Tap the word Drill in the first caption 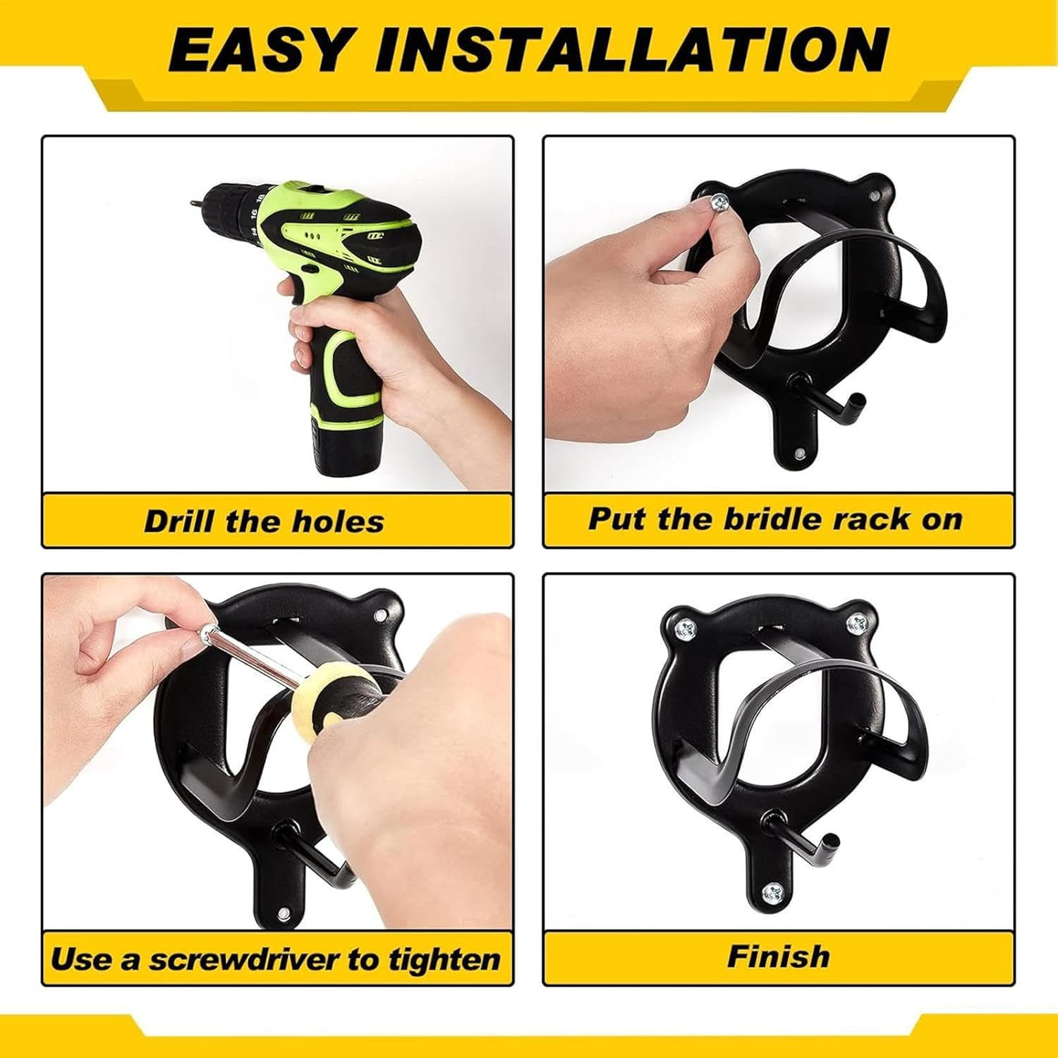179,522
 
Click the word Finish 779,957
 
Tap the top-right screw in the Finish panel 856,622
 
